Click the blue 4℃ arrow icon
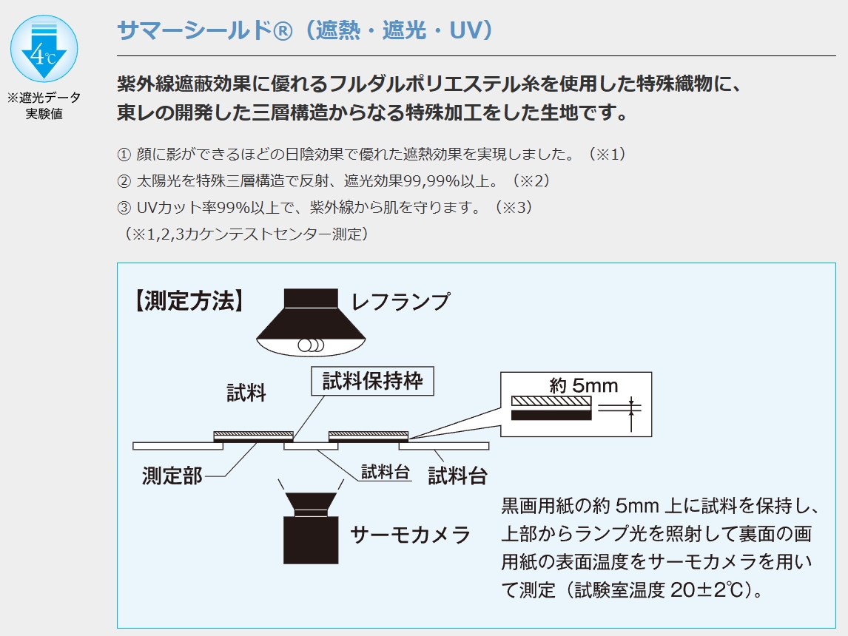[44, 49]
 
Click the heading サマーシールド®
[205, 30]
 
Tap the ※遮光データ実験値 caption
[44, 105]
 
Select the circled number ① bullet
[124, 155]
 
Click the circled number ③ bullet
[124, 208]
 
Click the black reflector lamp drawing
[311, 322]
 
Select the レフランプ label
[401, 302]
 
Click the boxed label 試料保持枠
[373, 381]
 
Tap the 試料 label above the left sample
[246, 393]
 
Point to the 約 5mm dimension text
[584, 385]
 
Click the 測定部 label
[172, 476]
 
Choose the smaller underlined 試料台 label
[385, 471]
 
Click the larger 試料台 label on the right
[457, 476]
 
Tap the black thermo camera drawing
[311, 528]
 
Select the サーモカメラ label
[411, 535]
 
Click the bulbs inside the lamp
[311, 345]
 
